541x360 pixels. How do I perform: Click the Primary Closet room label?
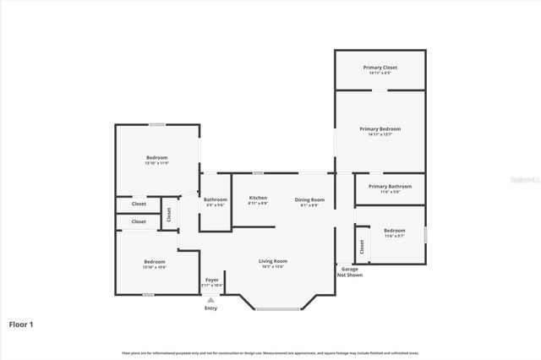[x=380, y=67]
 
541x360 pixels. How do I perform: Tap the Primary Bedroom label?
[x=380, y=128]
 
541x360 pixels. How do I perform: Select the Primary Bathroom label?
[x=390, y=186]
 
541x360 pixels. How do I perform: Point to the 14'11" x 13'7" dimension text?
[x=380, y=134]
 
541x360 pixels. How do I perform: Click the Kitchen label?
[x=258, y=198]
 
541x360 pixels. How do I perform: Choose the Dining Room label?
[x=309, y=199]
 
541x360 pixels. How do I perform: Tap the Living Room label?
[x=272, y=261]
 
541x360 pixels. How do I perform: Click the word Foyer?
[x=211, y=280]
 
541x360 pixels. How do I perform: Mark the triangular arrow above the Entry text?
[x=211, y=299]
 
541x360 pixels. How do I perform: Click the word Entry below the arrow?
[x=210, y=308]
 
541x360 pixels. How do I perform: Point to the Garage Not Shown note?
[x=349, y=271]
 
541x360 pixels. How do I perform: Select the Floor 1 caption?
[x=21, y=324]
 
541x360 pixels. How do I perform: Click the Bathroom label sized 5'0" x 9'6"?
[x=216, y=199]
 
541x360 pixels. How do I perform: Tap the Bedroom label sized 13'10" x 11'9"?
[x=156, y=157]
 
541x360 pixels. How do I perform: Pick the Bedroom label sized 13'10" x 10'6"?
[x=154, y=261]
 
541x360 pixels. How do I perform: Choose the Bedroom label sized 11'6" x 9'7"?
[x=395, y=231]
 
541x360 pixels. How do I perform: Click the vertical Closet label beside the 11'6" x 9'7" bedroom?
[x=362, y=246]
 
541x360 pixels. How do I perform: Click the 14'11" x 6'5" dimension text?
[x=380, y=73]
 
